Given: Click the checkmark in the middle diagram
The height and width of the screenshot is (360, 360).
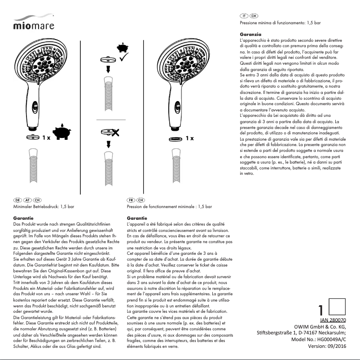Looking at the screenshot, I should [124, 57].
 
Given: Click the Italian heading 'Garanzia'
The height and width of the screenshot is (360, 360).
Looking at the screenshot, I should [250, 35].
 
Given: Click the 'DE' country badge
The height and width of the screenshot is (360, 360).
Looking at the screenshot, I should [18, 200].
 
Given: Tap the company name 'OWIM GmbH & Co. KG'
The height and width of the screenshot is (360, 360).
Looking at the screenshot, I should [320, 326].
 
